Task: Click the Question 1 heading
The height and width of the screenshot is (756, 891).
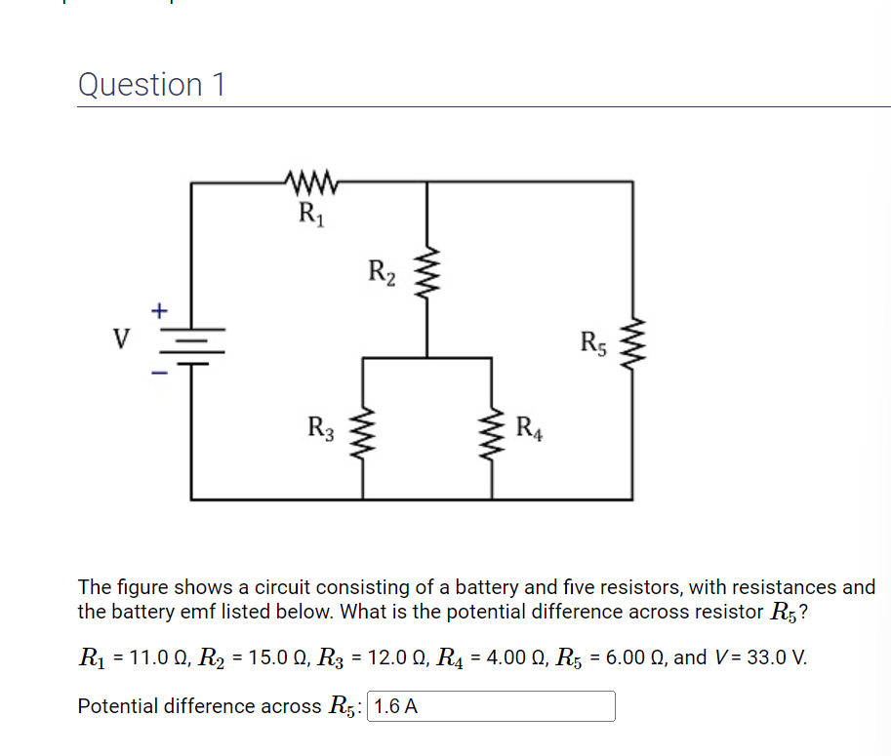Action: pyautogui.click(x=151, y=85)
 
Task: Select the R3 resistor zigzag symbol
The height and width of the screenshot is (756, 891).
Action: pyautogui.click(x=364, y=428)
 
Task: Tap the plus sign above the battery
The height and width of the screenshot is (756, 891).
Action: pyautogui.click(x=159, y=310)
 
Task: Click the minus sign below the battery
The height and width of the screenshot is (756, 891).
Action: pyautogui.click(x=159, y=371)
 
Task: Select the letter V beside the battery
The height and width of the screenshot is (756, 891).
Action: pyautogui.click(x=121, y=339)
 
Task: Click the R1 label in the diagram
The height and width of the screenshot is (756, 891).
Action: pyautogui.click(x=310, y=211)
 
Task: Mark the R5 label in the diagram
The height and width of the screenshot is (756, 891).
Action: pyautogui.click(x=594, y=342)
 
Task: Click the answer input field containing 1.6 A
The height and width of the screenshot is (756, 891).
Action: pyautogui.click(x=491, y=706)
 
